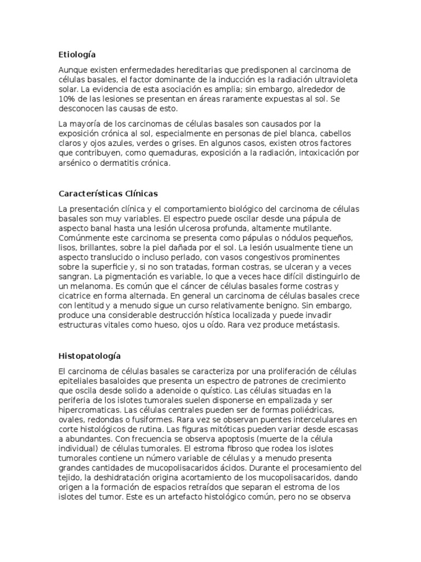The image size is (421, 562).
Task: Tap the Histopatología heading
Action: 90,356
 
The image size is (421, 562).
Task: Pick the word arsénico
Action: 75,164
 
